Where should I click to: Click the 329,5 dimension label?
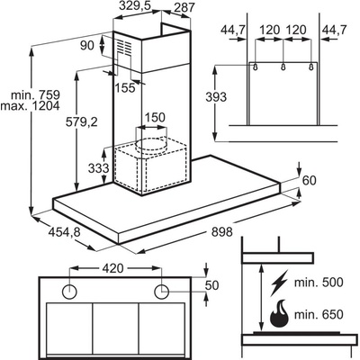(134, 5)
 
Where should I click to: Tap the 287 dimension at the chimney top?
(184, 7)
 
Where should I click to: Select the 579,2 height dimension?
(82, 121)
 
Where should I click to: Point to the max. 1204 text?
(30, 105)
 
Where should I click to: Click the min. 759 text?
(36, 95)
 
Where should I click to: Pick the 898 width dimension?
(222, 231)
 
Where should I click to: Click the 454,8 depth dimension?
(65, 232)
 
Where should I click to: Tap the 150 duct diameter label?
(155, 118)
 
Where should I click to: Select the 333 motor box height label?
(98, 168)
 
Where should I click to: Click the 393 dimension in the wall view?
(216, 97)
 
